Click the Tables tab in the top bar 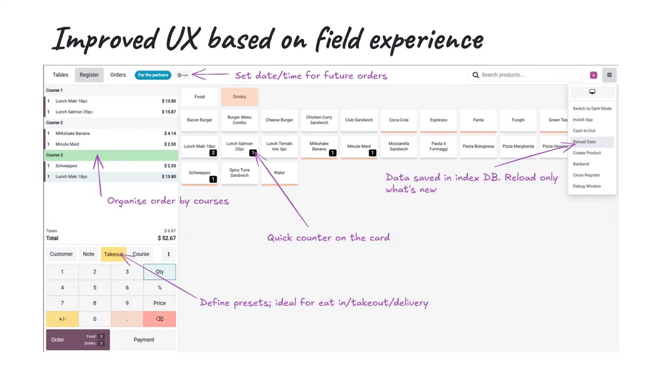click(60, 75)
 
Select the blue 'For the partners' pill click(153, 75)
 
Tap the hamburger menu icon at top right click(609, 75)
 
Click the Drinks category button click(239, 97)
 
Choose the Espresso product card click(438, 120)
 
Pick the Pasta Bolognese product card click(478, 146)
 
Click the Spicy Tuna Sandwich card click(239, 173)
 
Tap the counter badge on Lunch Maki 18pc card click(213, 153)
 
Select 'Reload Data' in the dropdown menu click(584, 142)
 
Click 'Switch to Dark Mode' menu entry click(592, 108)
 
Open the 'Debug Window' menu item click(587, 186)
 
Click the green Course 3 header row click(111, 155)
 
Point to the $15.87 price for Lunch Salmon click(169, 112)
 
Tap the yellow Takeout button click(113, 254)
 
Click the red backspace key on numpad click(160, 319)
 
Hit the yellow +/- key click(62, 319)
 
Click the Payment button click(144, 340)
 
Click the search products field click(525, 75)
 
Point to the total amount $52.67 click(167, 238)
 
